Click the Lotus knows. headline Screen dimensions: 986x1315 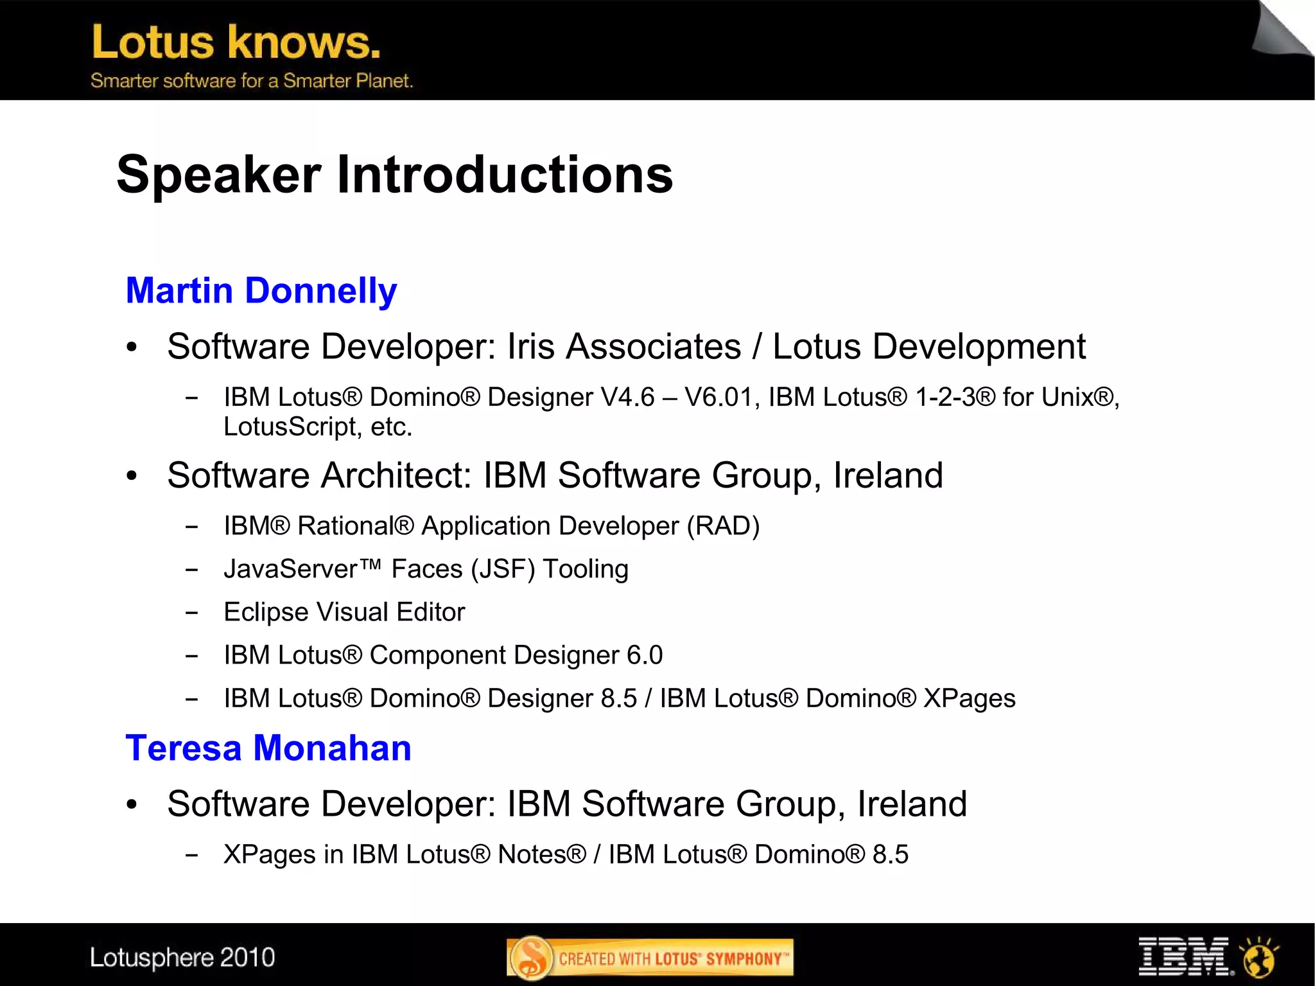point(236,42)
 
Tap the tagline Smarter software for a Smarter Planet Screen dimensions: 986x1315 point(251,81)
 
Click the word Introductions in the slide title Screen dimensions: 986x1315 point(505,175)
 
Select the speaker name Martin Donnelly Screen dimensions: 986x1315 point(261,290)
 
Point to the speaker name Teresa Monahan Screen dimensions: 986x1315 point(268,748)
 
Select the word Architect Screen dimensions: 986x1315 point(396,475)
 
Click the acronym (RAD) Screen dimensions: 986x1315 point(723,526)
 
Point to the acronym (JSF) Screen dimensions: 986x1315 point(503,569)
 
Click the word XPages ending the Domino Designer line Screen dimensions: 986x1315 point(969,698)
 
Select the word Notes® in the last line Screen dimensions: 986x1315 point(542,854)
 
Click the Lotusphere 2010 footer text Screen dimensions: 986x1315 point(182,958)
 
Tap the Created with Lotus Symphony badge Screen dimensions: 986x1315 point(650,958)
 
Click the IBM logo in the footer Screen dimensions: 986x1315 point(1183,956)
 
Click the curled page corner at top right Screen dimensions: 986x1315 point(1281,29)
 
